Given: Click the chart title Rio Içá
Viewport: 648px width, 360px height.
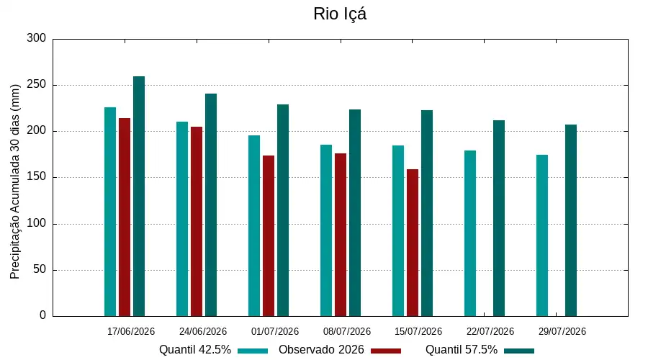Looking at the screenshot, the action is [x=340, y=14].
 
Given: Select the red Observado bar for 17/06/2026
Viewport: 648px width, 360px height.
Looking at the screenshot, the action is [x=125, y=217].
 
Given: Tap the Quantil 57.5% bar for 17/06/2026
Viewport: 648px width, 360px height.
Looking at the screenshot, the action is [x=139, y=197].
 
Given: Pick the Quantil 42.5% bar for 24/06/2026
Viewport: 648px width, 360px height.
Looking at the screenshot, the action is [x=182, y=219].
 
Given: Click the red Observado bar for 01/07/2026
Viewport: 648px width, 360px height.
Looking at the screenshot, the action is [x=269, y=236].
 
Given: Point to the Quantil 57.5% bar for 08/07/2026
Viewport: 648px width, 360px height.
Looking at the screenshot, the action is [x=355, y=213].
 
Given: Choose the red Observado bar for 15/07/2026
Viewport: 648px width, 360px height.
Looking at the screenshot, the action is [x=413, y=243].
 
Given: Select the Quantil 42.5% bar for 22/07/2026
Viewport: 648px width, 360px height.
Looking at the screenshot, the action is [x=470, y=233].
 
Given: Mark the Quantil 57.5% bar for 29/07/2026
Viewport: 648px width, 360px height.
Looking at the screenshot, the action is [x=571, y=220].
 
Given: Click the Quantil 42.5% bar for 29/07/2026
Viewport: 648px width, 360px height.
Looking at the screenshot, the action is [x=542, y=235].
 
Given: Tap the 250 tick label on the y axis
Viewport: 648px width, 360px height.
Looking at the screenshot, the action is [x=37, y=85].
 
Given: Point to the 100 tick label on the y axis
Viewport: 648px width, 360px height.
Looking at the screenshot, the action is [x=37, y=224].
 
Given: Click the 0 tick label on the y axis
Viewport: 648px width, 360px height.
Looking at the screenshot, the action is [x=43, y=315].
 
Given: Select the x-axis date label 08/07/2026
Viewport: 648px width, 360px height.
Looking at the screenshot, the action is [x=347, y=331].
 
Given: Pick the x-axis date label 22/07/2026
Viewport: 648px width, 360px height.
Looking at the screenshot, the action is [x=490, y=331].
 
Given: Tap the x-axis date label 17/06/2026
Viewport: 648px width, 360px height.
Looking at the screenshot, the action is [x=131, y=331].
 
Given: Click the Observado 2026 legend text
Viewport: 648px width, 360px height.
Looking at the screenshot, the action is [x=321, y=350].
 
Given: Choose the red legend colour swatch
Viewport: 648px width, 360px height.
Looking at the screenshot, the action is [x=386, y=351].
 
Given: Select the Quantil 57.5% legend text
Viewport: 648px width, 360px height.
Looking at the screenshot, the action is [x=462, y=350].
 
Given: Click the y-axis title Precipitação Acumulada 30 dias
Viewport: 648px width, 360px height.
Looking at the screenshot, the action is [x=15, y=182].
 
